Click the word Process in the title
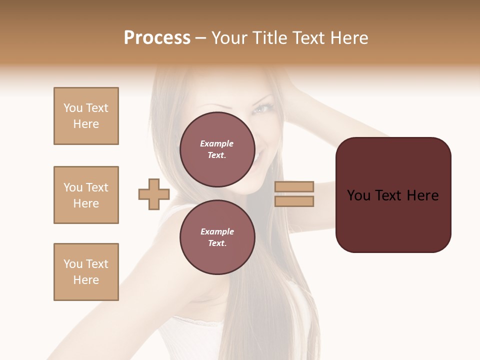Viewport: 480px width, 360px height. tap(157, 38)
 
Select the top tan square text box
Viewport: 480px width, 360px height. tap(86, 116)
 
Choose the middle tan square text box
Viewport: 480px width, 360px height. tap(86, 195)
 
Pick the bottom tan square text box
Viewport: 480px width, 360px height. tap(86, 272)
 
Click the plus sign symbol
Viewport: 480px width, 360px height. tap(154, 194)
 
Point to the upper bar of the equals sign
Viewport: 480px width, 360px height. tap(294, 186)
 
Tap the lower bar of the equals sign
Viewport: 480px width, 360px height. tap(294, 201)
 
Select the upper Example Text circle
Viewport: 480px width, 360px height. tap(217, 149)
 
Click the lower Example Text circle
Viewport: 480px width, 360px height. tap(217, 237)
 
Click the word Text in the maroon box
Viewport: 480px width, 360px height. tap(389, 195)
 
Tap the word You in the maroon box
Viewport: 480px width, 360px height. tap(359, 195)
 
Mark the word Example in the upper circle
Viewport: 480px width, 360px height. tap(217, 143)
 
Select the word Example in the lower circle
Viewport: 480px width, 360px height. tap(217, 231)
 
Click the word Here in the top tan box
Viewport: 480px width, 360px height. tap(86, 124)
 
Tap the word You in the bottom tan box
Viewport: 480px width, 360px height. tap(73, 264)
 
